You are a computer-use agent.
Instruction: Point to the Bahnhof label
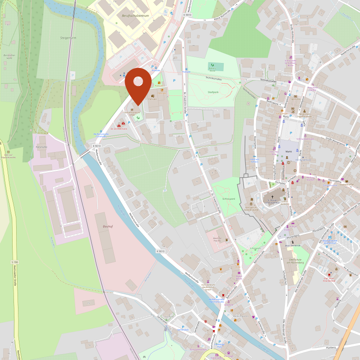pyautogui.click(x=107, y=226)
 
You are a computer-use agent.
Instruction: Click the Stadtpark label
pyautogui.click(x=213, y=92)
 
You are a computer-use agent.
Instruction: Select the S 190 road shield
pyautogui.click(x=15, y=262)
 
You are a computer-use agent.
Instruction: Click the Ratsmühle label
pyautogui.click(x=41, y=147)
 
